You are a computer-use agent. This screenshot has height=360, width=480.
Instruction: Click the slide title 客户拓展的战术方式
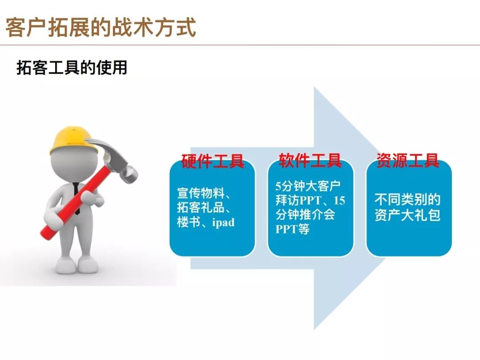(x=100, y=28)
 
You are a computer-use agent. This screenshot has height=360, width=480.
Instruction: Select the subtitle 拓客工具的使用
(x=72, y=68)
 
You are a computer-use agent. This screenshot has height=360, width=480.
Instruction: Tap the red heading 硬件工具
(x=212, y=161)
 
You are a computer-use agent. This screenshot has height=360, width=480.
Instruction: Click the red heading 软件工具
(x=310, y=161)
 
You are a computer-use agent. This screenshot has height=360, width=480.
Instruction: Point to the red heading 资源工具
(x=408, y=161)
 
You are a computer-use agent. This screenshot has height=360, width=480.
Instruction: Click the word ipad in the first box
(x=223, y=222)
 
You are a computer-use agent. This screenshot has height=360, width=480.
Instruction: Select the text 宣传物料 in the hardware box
(x=200, y=193)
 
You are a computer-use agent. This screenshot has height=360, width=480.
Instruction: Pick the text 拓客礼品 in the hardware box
(x=200, y=208)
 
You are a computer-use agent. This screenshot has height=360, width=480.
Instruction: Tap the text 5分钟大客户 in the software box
(x=308, y=186)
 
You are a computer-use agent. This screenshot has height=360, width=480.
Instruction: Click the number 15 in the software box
(x=339, y=200)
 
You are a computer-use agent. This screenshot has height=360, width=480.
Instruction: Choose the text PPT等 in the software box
(x=292, y=229)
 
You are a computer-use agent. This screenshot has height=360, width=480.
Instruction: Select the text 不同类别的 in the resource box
(x=408, y=200)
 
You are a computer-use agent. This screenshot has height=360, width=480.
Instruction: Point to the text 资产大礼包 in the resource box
(x=408, y=215)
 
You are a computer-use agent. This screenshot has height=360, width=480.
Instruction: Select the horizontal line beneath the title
(x=240, y=45)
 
